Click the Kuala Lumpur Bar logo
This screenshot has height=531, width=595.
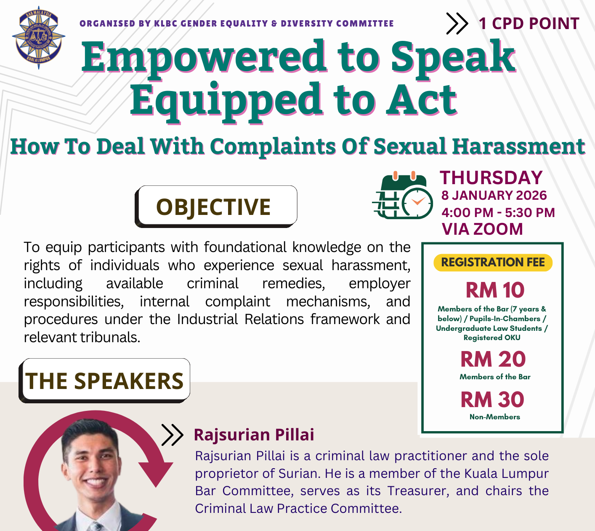pos(38,38)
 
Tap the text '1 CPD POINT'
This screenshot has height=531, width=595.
pos(529,24)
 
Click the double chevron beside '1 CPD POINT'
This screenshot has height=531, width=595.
pos(457,24)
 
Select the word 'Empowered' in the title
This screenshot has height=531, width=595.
pos(204,58)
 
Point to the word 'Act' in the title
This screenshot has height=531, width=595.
pos(422,100)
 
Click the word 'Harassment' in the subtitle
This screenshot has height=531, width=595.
pos(519,146)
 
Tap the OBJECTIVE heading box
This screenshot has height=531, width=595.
pos(216,206)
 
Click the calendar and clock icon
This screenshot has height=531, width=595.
pos(402,195)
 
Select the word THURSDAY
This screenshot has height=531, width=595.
pos(491,178)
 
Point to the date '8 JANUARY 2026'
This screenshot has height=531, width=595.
pos(494,196)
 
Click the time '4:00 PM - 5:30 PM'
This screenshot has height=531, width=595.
pos(498,212)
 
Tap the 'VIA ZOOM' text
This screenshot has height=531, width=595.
pos(483,229)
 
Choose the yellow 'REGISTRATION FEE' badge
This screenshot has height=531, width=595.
pos(493,263)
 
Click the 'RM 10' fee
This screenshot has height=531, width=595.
pos(495,290)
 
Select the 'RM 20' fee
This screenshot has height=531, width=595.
pos(493,359)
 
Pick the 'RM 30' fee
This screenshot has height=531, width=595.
pos(492,400)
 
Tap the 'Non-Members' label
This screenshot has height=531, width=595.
pos(494,417)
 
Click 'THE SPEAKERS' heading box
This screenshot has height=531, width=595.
pos(104,381)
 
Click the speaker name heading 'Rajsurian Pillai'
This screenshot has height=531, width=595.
pos(254,434)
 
